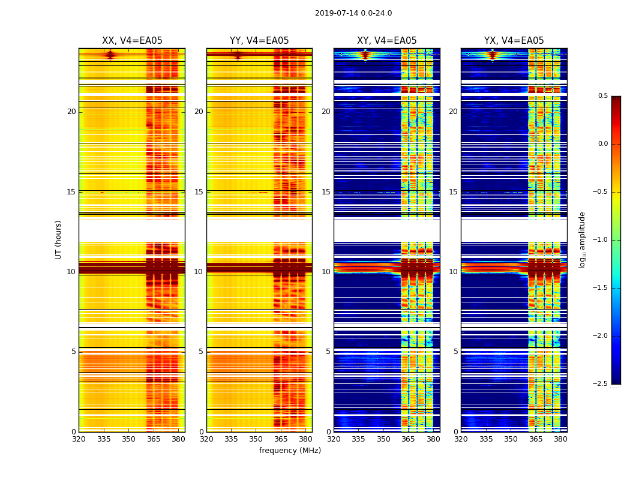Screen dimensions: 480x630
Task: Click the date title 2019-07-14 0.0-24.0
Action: click(353, 13)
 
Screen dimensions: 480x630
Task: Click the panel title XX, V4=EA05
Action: click(132, 41)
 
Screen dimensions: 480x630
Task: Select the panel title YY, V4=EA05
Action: click(259, 41)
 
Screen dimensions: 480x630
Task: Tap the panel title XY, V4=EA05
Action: click(386, 41)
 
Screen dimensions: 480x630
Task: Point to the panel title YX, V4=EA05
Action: click(514, 41)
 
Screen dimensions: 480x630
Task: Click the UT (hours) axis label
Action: click(59, 239)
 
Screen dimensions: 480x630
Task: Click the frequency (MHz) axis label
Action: click(290, 451)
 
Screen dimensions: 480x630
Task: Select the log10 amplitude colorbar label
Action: click(582, 239)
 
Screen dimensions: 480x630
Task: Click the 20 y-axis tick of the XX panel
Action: click(71, 112)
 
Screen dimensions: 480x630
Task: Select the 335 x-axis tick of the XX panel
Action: click(104, 439)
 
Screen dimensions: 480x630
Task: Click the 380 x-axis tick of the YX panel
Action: click(560, 439)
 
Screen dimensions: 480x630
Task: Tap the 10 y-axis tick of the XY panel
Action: click(326, 272)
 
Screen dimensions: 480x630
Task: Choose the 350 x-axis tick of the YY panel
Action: click(256, 439)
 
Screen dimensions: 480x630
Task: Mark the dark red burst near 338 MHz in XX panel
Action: click(110, 55)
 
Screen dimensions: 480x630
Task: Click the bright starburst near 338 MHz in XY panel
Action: click(365, 55)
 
